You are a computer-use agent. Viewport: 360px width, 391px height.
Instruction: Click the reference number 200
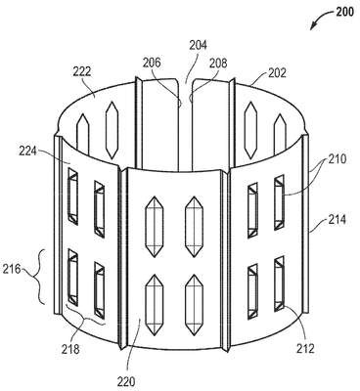click(x=343, y=12)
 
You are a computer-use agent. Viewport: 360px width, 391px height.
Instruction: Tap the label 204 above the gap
click(x=199, y=45)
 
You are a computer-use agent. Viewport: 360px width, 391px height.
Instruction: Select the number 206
click(x=152, y=63)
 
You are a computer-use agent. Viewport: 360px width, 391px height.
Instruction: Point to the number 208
click(x=218, y=63)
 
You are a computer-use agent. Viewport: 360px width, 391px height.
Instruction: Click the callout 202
click(x=277, y=72)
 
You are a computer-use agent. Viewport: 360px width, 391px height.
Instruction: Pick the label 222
click(x=81, y=71)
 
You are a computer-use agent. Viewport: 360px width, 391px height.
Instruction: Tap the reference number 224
click(x=27, y=152)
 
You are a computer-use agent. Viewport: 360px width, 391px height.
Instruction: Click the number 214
click(x=337, y=220)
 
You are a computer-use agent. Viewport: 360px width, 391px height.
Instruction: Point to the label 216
click(x=12, y=269)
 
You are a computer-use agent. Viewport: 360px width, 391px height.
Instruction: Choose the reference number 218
click(x=70, y=349)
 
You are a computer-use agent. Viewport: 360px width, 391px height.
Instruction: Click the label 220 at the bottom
click(x=126, y=381)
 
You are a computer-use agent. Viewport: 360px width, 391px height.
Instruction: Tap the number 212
click(x=305, y=349)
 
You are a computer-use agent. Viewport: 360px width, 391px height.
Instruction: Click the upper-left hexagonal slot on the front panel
click(x=154, y=227)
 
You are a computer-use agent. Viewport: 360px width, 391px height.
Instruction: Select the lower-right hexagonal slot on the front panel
click(x=195, y=305)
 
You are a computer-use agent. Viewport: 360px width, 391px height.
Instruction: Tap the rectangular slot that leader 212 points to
click(x=279, y=282)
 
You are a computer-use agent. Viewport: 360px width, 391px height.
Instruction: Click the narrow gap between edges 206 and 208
click(x=186, y=125)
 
